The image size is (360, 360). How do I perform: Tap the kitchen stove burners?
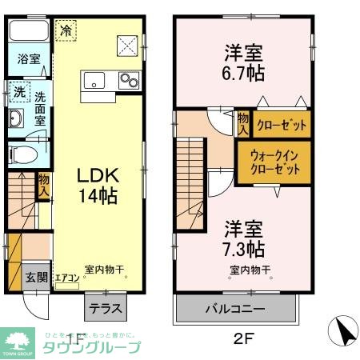click(x=128, y=80)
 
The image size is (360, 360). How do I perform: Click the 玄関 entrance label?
click(x=34, y=278)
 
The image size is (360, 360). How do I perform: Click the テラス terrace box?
click(x=104, y=306)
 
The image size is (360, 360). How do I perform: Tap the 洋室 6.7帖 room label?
click(x=241, y=62)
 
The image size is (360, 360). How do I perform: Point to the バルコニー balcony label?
click(x=236, y=307)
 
